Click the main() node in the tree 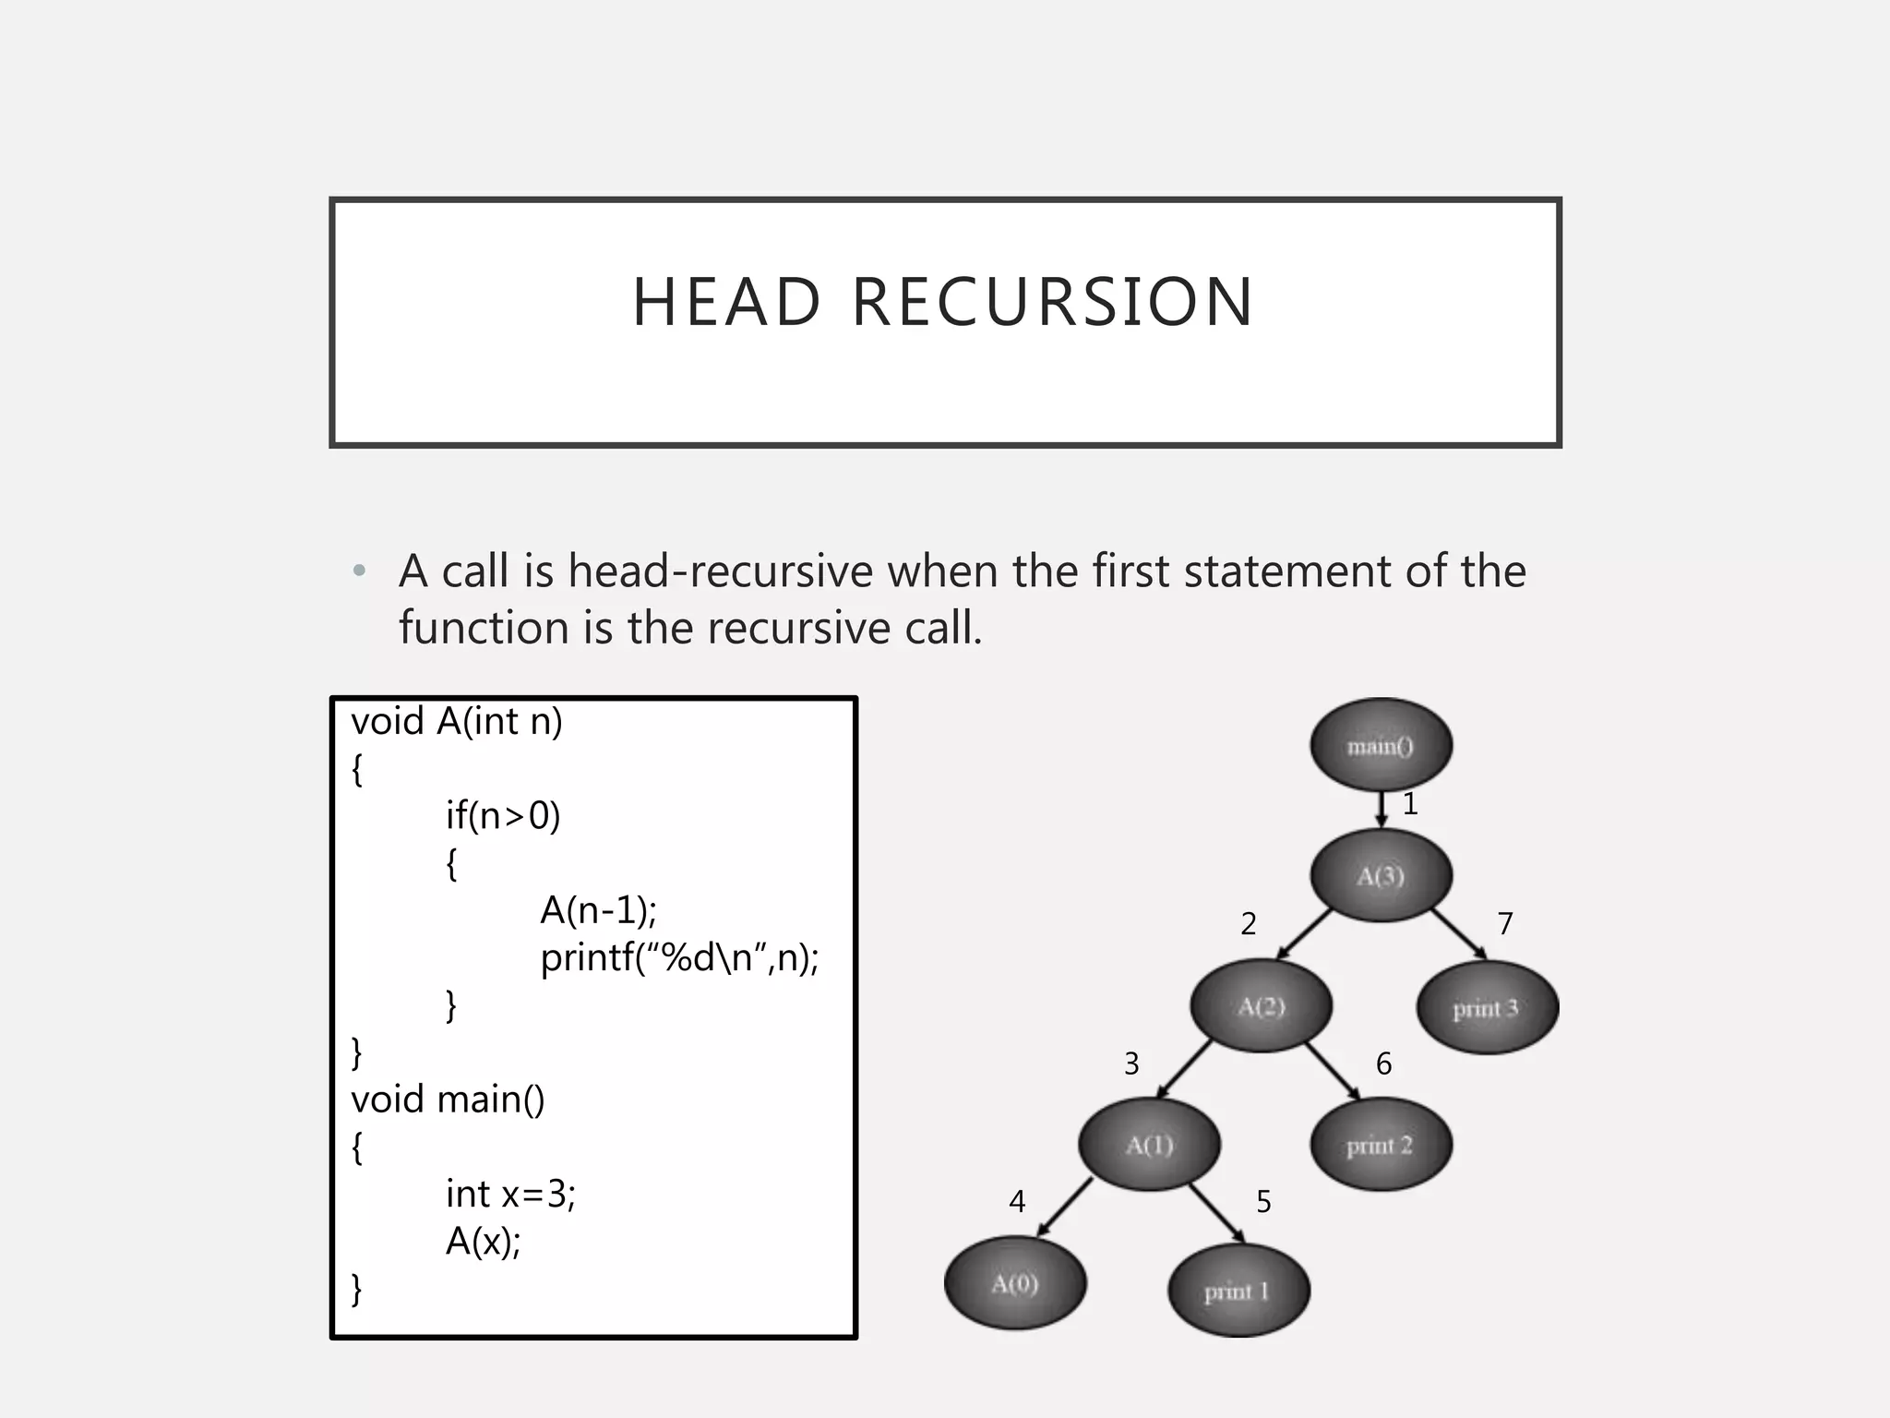point(1381,744)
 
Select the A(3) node point(1381,875)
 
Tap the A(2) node point(1261,1005)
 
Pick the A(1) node point(1149,1145)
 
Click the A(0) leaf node point(1014,1283)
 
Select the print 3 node point(1486,1007)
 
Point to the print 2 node point(1380,1145)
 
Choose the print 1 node point(1238,1291)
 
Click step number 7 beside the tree point(1505,923)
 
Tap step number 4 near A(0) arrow point(1017,1201)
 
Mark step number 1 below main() point(1410,804)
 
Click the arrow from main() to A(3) point(1382,809)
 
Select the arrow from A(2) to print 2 point(1334,1072)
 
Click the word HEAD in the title point(726,303)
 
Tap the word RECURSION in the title point(1052,303)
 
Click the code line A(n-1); point(598,910)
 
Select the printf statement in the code point(679,957)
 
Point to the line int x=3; point(510,1194)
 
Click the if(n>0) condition point(503,815)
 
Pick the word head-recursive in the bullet point(720,571)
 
